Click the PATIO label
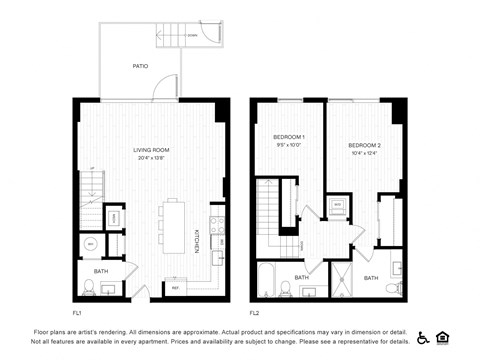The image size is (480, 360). tap(140, 67)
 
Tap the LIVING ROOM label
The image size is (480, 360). tap(152, 150)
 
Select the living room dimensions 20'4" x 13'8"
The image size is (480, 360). tap(152, 158)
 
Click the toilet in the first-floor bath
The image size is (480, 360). tap(89, 288)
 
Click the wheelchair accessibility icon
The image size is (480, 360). tap(423, 337)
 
